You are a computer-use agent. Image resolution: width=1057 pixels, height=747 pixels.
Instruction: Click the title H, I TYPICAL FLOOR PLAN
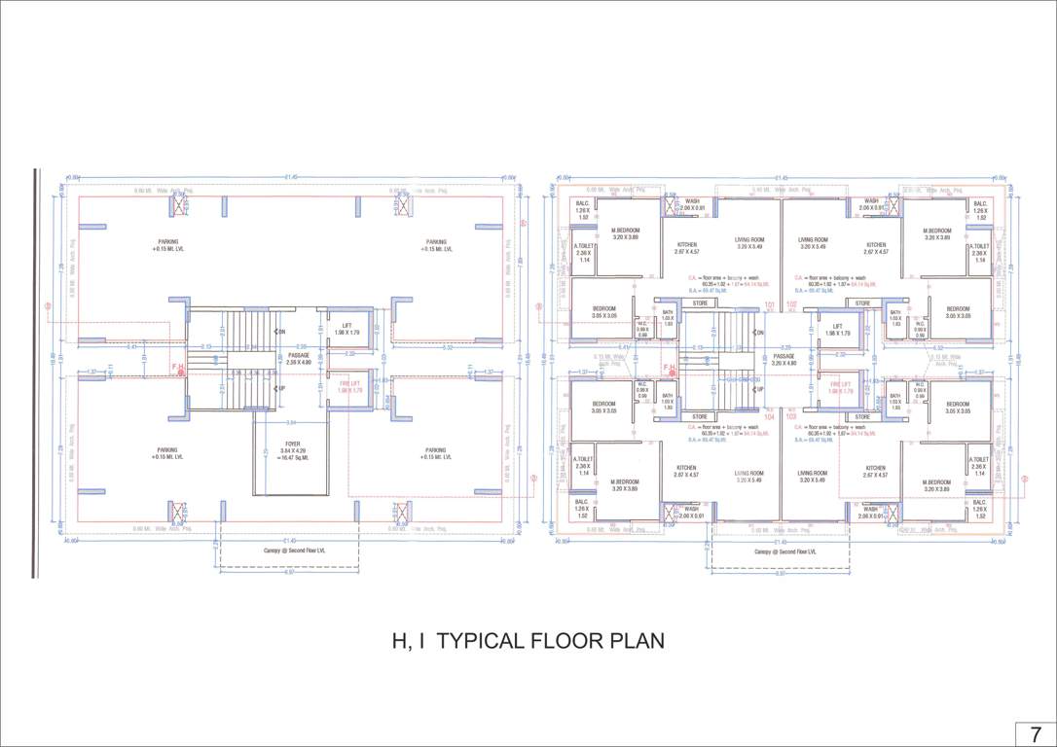[528, 641]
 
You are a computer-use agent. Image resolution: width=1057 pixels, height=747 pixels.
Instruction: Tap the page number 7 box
[1035, 733]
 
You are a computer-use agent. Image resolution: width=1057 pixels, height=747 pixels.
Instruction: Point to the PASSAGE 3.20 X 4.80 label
[784, 359]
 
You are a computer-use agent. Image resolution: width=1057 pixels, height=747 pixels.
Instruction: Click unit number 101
[770, 304]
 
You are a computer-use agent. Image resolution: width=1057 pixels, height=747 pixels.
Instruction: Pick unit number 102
[791, 304]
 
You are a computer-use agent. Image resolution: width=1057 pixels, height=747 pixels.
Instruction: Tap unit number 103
[791, 415]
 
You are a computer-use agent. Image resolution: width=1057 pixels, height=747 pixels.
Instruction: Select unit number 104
[770, 415]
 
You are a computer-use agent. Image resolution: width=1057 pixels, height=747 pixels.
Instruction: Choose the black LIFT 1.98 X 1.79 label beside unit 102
[838, 330]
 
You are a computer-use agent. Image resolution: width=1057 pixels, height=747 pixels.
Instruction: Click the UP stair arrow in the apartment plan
[759, 388]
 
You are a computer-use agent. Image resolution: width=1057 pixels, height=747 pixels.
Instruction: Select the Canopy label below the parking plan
[288, 551]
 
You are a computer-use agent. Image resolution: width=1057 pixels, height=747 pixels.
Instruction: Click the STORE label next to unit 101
[701, 303]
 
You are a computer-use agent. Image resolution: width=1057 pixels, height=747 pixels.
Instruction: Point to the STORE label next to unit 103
[862, 416]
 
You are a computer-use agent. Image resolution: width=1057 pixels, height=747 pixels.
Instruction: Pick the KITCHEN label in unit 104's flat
[686, 471]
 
